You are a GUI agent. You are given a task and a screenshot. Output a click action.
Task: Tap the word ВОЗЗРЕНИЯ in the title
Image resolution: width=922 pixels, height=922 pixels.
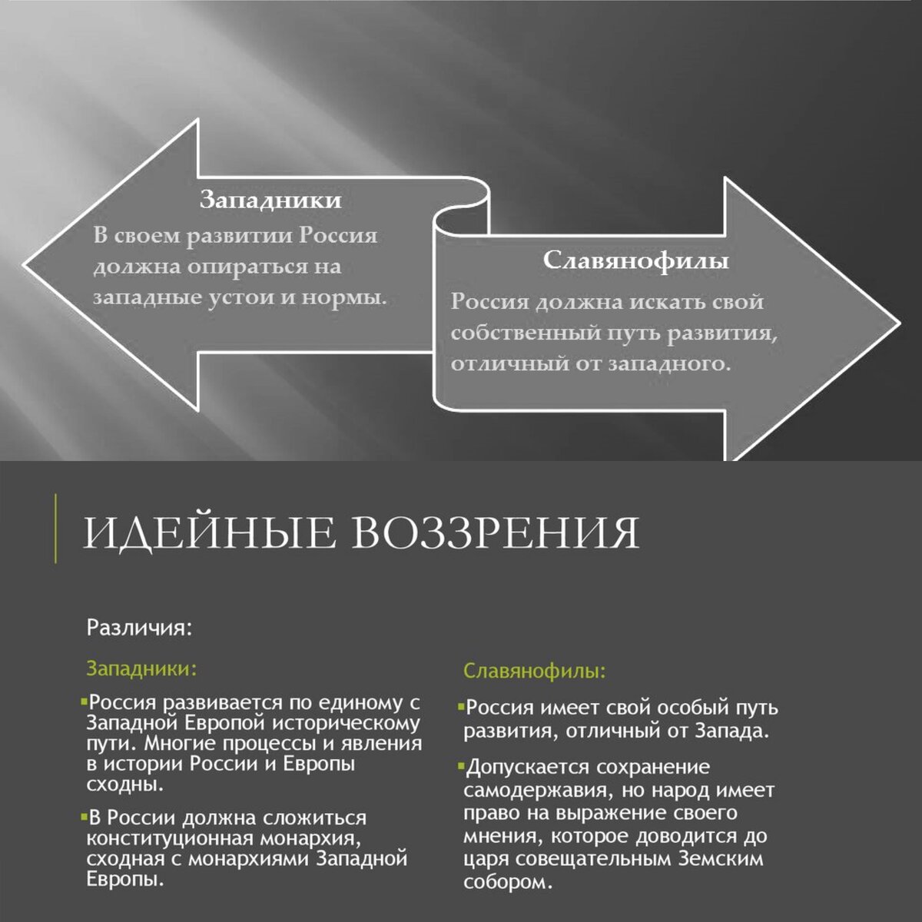[x=496, y=532]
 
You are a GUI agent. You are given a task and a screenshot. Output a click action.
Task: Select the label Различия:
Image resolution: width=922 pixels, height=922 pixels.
[x=138, y=628]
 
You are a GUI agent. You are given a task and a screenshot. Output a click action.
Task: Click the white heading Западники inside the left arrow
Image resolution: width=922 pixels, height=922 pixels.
[x=270, y=200]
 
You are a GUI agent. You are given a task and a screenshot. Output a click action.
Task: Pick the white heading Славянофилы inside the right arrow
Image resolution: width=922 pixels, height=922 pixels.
[x=635, y=260]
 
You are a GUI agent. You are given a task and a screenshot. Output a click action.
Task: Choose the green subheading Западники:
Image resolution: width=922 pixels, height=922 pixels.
[x=141, y=668]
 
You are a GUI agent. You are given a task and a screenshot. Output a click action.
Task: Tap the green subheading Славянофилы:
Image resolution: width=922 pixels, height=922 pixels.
[x=534, y=672]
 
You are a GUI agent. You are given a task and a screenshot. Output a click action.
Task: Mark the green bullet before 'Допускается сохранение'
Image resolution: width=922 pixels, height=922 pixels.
[x=460, y=767]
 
